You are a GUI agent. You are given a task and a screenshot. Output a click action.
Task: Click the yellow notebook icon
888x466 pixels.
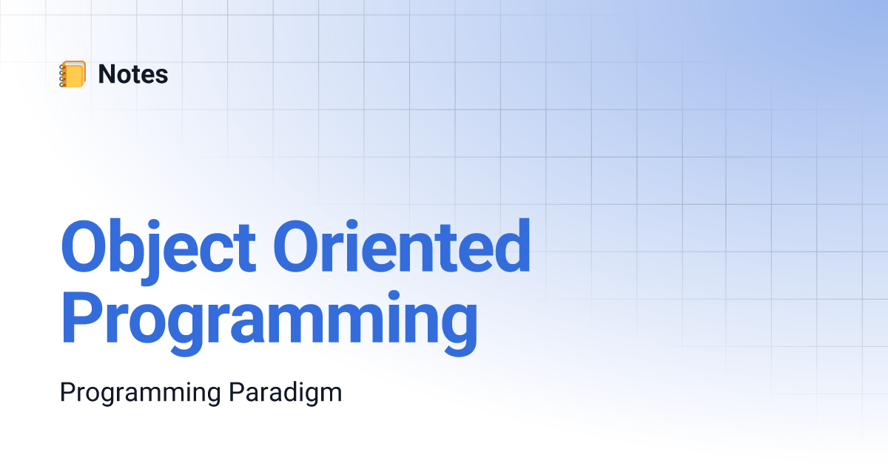(73, 74)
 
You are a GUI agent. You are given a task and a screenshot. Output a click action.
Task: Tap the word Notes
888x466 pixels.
(133, 74)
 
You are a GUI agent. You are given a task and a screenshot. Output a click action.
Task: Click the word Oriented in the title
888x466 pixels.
(402, 246)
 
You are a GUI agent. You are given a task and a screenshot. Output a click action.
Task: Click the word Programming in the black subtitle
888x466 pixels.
(141, 393)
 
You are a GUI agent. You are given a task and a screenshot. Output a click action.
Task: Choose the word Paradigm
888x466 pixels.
(286, 393)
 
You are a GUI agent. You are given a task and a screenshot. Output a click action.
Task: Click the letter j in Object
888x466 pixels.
(151, 252)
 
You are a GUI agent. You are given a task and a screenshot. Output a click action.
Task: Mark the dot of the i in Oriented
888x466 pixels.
(351, 225)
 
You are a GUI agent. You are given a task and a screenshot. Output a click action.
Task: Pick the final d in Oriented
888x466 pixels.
(511, 246)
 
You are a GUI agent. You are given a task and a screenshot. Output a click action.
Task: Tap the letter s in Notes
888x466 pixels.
(161, 77)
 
